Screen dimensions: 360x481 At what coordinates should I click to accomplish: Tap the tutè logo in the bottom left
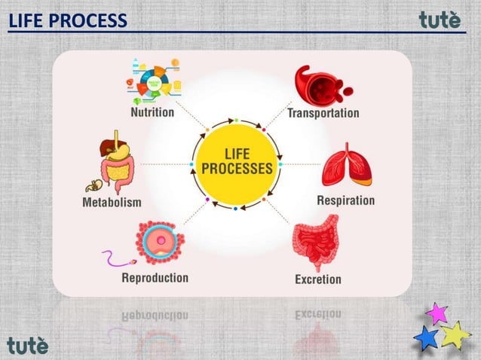[28, 344]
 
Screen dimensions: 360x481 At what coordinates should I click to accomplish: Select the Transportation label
[323, 113]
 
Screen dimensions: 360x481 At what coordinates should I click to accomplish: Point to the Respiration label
[345, 201]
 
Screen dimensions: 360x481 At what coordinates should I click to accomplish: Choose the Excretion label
[317, 279]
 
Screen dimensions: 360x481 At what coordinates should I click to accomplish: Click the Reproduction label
[155, 277]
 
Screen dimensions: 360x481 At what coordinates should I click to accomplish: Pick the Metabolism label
[111, 203]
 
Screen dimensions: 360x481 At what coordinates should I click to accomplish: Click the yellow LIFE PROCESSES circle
[236, 163]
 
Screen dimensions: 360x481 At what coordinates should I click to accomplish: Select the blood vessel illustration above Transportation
[321, 84]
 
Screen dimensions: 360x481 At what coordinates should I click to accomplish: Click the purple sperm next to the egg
[117, 260]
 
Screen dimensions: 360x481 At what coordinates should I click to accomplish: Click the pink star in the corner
[437, 312]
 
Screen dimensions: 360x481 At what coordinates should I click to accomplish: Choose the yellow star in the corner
[455, 334]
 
